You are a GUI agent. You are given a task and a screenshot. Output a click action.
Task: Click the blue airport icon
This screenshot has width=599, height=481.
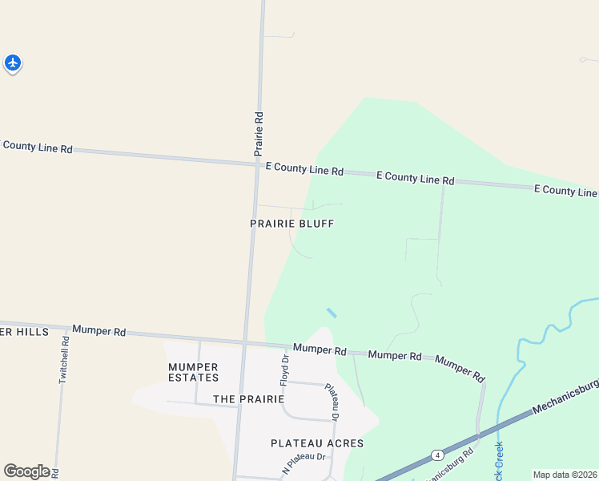12,62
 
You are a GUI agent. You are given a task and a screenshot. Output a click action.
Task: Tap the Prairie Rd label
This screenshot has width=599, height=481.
259,133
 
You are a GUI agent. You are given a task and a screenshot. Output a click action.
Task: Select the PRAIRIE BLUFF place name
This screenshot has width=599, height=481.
291,224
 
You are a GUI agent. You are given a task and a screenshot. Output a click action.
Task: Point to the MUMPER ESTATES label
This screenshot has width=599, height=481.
193,373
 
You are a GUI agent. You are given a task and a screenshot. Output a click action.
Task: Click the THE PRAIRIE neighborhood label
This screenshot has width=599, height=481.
249,398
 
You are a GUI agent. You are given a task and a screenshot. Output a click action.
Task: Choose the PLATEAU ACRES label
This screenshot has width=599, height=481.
317,443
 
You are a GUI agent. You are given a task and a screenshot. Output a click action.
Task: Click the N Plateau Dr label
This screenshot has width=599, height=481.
305,463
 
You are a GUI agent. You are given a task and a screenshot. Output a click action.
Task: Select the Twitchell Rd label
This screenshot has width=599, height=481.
64,359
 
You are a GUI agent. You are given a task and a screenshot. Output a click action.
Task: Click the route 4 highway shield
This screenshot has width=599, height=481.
436,455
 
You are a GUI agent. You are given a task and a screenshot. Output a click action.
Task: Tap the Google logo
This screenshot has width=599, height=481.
26,471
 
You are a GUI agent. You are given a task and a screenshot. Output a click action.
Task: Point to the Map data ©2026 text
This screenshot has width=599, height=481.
565,475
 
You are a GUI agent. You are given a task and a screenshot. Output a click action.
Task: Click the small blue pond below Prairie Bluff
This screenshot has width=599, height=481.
331,313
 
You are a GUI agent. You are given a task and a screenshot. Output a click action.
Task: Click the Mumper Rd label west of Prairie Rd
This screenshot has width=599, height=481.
99,330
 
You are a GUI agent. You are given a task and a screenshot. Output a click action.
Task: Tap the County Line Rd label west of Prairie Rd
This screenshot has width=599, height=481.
37,147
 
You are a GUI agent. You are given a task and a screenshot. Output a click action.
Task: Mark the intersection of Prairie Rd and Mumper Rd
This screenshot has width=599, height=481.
245,343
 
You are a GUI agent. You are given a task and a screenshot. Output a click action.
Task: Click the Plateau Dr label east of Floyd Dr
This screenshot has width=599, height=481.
332,402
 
